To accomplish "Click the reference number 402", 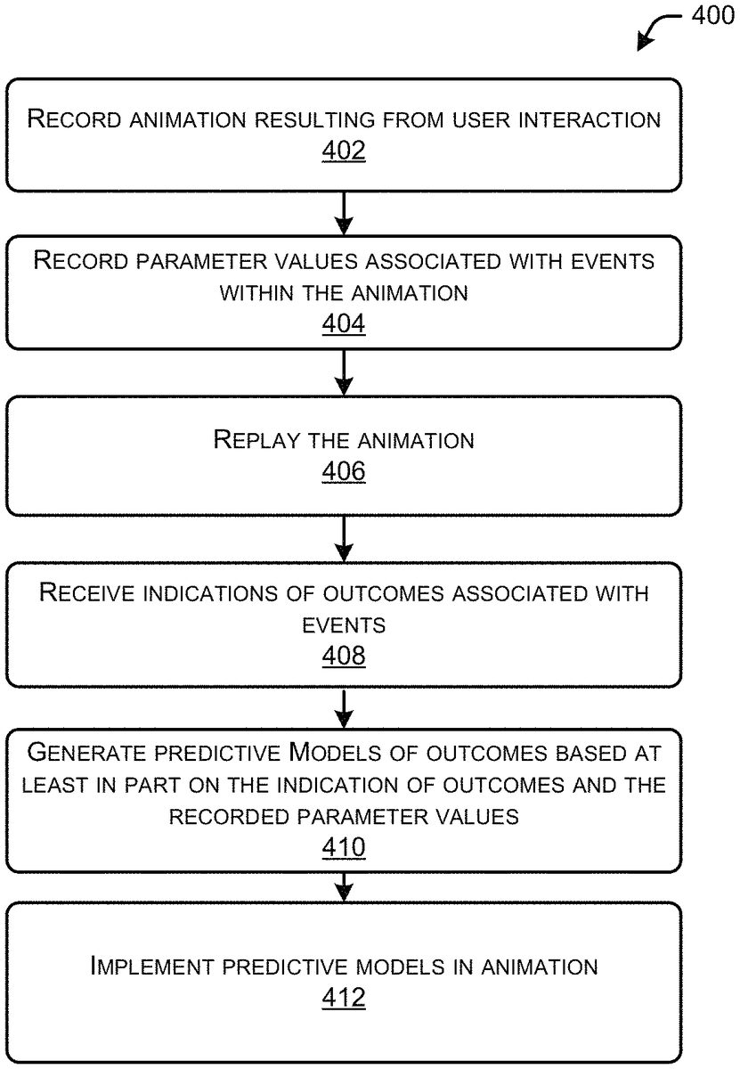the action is click(344, 151).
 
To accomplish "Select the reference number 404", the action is click(344, 323).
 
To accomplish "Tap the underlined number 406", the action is click(344, 471).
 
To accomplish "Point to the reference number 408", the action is click(344, 656).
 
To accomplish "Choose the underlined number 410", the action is click(344, 847).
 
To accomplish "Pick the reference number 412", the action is click(344, 998).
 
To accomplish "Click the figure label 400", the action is click(712, 15).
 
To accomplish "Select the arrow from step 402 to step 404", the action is click(344, 213).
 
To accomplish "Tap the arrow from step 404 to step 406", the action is click(344, 372).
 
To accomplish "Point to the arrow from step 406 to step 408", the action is click(344, 539).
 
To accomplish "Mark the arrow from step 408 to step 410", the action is click(344, 708).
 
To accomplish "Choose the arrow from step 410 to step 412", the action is click(344, 887).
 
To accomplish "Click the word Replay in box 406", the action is click(256, 440).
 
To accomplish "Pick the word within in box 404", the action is click(256, 293).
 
